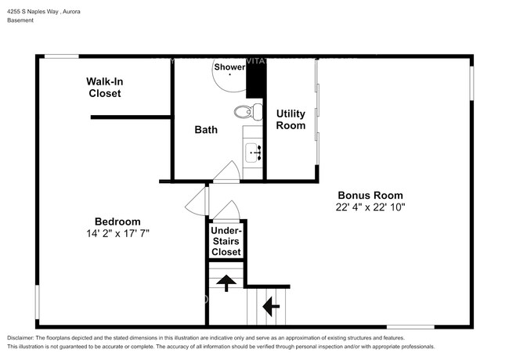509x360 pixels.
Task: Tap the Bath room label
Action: (206, 129)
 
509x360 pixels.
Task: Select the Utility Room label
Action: (290, 120)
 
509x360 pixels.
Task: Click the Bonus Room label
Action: (370, 196)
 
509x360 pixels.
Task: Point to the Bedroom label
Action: (117, 221)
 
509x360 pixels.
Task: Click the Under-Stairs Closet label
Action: (226, 242)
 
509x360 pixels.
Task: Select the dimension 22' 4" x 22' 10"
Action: (370, 207)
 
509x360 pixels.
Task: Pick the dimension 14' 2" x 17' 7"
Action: (117, 233)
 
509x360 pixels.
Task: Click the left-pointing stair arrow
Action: (272, 304)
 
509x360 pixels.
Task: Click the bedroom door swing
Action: (195, 202)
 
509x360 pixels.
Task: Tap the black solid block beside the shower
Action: (253, 79)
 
